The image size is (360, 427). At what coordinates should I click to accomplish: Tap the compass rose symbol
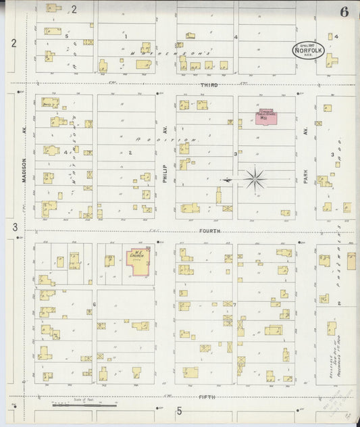coord(255,179)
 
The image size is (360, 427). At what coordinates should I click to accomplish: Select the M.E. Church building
coord(138,263)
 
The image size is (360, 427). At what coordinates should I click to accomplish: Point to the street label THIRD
coord(208,85)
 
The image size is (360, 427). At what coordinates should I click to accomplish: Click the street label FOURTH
coord(209,231)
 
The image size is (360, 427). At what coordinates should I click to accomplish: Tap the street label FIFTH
coord(207,397)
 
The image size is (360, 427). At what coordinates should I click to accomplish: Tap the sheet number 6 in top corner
coord(344,11)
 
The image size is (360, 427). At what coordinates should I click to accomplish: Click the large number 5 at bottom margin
coord(180,411)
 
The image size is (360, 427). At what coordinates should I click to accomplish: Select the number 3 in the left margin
coord(14,228)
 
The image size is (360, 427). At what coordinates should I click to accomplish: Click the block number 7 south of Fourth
coord(234,305)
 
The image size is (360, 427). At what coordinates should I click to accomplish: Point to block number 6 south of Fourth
coord(95,305)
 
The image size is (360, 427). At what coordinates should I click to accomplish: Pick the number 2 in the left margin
coord(14,43)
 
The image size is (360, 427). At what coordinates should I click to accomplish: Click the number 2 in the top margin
coord(74,9)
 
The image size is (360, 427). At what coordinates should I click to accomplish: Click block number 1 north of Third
coord(126,36)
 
